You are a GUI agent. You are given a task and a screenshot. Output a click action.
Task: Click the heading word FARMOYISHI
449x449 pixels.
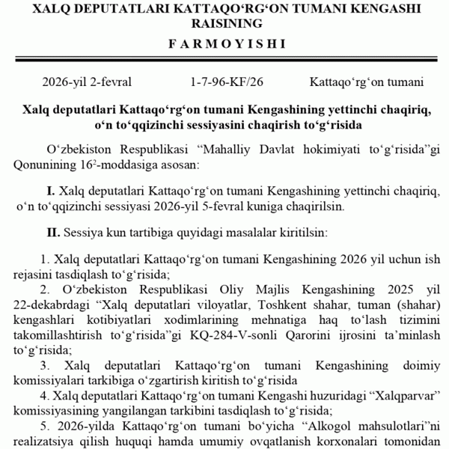click(224, 43)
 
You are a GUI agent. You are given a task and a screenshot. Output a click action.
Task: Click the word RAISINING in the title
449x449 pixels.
click(224, 23)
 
